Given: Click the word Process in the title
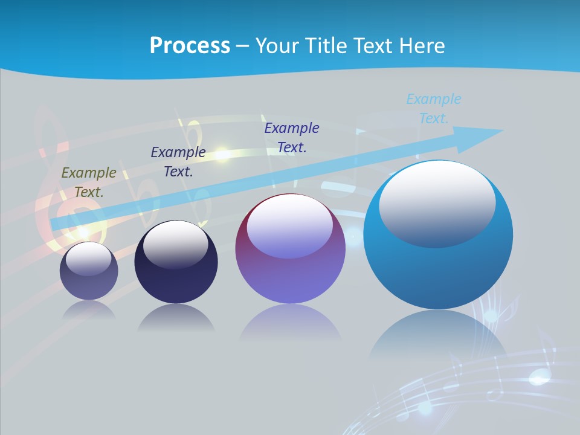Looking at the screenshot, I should coord(190,46).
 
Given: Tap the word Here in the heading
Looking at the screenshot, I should coord(421,46).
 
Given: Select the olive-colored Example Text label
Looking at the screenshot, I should coord(89,182).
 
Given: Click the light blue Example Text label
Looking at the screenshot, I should coord(433,109).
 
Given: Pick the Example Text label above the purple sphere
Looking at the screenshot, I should coord(291,137).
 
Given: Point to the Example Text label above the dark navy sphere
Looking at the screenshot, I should coord(178,162).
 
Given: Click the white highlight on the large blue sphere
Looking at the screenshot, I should coord(437,202).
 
